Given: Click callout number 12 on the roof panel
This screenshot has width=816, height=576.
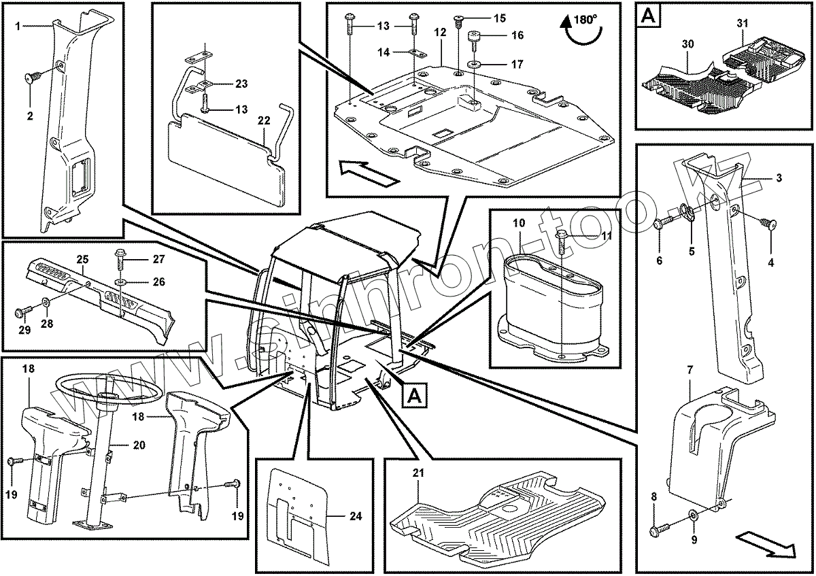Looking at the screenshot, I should pyautogui.click(x=440, y=33).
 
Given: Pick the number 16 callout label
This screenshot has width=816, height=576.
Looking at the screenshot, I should pyautogui.click(x=517, y=35).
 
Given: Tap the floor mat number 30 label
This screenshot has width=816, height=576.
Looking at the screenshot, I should pyautogui.click(x=687, y=44).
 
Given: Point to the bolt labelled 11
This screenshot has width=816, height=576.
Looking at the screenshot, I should pyautogui.click(x=562, y=238).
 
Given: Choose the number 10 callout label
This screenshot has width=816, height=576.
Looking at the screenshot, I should pyautogui.click(x=519, y=223).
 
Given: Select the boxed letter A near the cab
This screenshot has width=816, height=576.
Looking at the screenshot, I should pyautogui.click(x=415, y=394).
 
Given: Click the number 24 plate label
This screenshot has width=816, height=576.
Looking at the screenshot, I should pyautogui.click(x=355, y=515).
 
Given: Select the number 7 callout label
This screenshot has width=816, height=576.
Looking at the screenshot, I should pyautogui.click(x=690, y=370).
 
